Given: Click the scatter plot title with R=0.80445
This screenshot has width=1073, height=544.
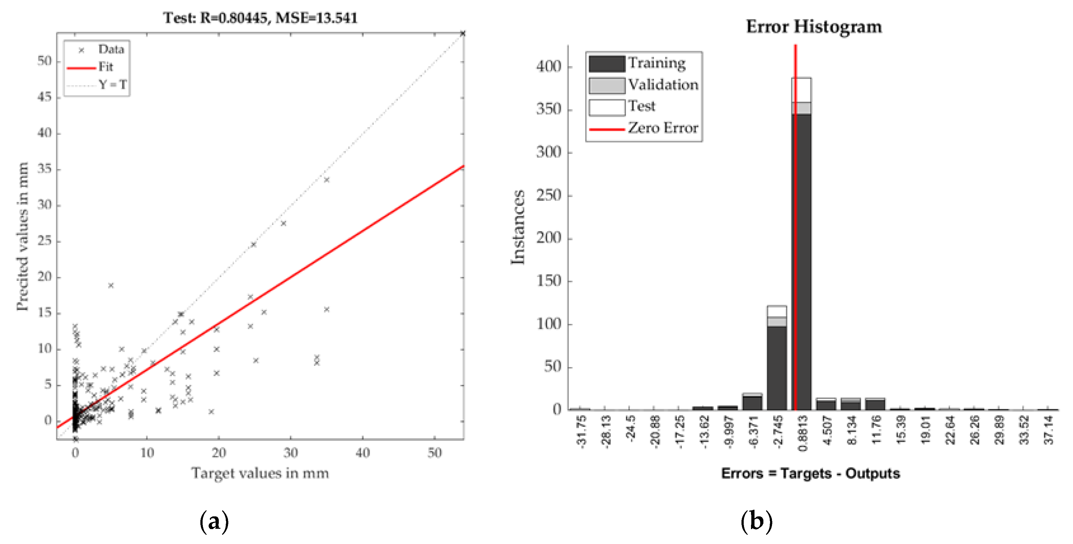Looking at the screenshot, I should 260,18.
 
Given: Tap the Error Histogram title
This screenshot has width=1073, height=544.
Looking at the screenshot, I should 814,27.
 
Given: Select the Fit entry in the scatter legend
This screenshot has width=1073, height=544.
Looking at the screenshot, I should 105,67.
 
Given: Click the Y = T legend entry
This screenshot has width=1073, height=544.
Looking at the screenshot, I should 112,85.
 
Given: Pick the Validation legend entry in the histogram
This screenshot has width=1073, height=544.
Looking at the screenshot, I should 663,85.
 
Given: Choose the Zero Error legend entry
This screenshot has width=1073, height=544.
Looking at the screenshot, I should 663,128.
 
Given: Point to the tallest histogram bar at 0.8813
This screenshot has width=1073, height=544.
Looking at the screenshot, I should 801,250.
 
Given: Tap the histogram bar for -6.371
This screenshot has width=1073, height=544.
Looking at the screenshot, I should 752,402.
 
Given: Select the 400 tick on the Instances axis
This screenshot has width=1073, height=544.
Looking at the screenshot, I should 549,66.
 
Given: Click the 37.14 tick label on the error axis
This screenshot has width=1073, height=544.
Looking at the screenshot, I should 1049,430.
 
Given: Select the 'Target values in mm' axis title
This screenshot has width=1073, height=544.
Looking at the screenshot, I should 260,473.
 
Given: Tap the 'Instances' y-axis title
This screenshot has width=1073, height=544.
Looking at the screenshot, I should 517,227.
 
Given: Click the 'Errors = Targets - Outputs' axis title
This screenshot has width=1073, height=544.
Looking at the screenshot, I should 811,473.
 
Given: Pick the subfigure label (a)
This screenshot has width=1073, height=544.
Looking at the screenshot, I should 214,521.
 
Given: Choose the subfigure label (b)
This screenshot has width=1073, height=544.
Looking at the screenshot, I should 756,521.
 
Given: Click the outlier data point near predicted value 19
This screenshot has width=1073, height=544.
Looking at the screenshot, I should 111,286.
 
